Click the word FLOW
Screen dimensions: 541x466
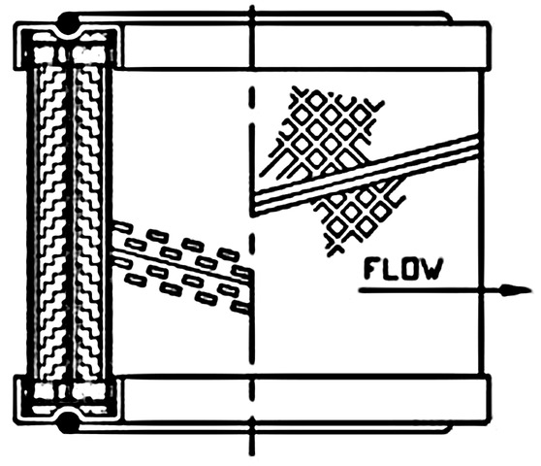tap(402, 269)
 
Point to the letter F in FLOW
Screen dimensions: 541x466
tap(372, 269)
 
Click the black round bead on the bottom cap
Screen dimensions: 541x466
tap(68, 423)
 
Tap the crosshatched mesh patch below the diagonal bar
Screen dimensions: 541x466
tap(359, 216)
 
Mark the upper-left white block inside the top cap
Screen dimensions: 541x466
tap(46, 54)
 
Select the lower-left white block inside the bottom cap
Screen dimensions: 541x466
tap(46, 391)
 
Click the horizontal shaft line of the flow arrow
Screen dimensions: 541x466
tap(430, 290)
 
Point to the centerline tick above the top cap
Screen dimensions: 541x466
tap(252, 37)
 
